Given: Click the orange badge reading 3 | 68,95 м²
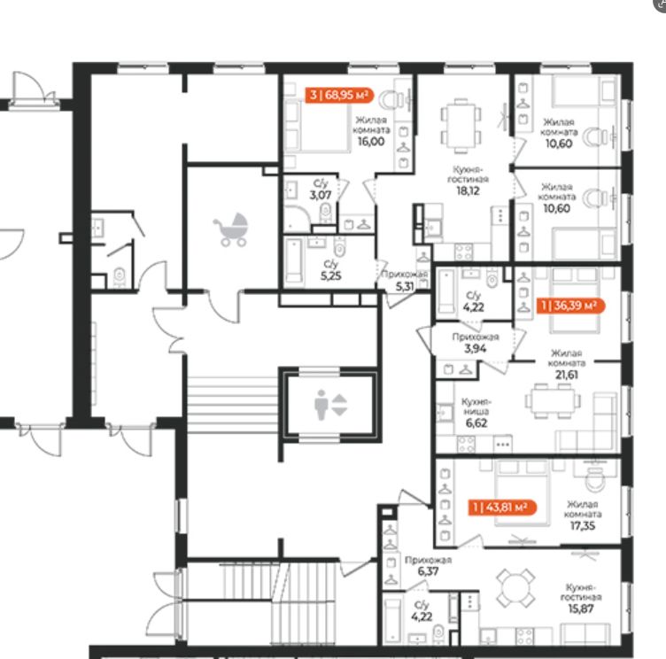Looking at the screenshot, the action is (x=339, y=95).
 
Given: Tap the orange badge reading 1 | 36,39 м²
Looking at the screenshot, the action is (x=570, y=306).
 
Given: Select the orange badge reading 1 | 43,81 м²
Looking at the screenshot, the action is (x=502, y=508).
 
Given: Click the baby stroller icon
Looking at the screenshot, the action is (x=230, y=230).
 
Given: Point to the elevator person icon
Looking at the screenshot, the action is (x=321, y=406).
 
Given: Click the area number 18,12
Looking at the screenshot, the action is (x=469, y=190).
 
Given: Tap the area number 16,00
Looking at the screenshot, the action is (x=371, y=142).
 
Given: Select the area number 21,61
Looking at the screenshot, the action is (x=567, y=375).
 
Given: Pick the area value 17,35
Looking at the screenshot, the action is (x=583, y=526).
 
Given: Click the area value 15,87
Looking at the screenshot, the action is (x=581, y=609).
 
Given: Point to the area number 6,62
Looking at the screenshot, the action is (x=476, y=423).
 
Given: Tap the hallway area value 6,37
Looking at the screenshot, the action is (x=428, y=571).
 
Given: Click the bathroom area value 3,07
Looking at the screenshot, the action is (x=321, y=196).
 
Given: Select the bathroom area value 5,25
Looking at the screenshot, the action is (x=331, y=276).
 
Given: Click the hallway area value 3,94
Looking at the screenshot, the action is (x=476, y=349).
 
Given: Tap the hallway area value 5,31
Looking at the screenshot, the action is (x=405, y=287).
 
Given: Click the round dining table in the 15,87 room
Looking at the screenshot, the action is (x=515, y=588).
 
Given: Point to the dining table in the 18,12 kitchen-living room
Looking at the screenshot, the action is (x=461, y=126).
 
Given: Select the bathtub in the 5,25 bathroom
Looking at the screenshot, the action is (x=294, y=260).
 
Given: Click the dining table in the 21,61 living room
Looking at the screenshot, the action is (x=553, y=400).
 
